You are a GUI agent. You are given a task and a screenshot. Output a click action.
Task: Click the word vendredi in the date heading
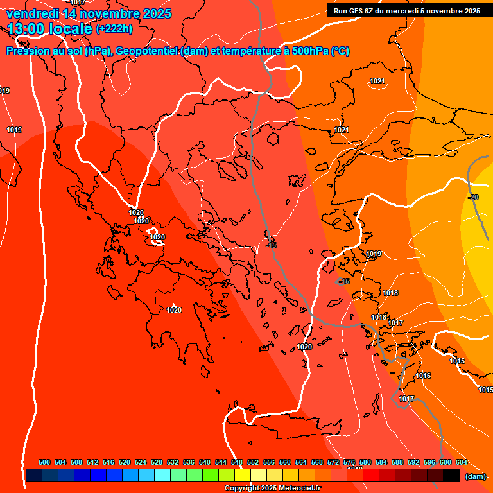[x=30, y=13]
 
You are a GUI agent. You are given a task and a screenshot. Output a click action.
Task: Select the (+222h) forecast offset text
[x=114, y=29]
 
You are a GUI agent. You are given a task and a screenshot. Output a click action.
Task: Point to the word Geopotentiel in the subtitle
[x=147, y=51]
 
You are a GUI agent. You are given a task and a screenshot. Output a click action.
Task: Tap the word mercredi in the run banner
[x=410, y=11]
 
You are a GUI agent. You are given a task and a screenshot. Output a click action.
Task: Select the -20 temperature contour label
[x=473, y=197]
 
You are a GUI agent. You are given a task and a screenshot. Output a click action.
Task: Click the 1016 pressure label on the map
[x=423, y=376]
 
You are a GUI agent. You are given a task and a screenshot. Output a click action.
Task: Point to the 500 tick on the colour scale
[x=44, y=462]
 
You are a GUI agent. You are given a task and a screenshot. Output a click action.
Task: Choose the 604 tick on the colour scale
[x=462, y=462]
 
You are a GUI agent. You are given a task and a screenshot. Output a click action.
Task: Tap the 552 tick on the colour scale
[x=253, y=462]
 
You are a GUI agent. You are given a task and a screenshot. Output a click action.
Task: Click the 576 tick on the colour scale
[x=349, y=462]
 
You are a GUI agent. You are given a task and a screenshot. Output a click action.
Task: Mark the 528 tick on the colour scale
[x=157, y=462]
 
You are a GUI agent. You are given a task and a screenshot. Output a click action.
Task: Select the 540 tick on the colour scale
[x=205, y=462]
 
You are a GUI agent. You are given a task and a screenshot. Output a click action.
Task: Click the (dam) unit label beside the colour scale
[x=476, y=476]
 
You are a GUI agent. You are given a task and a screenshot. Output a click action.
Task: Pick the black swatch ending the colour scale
[x=451, y=476]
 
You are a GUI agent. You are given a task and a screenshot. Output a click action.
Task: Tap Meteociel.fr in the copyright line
[x=300, y=489]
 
